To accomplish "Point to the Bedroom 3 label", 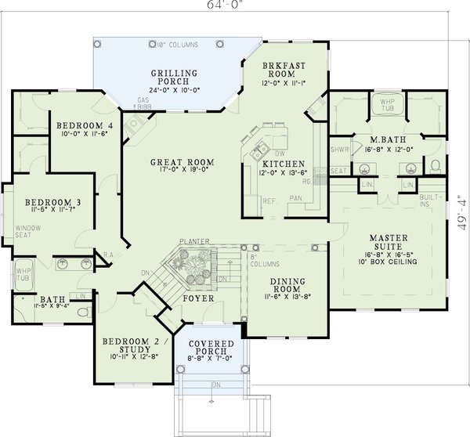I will pyautogui.click(x=46, y=201).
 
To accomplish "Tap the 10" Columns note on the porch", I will pyautogui.click(x=177, y=43).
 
